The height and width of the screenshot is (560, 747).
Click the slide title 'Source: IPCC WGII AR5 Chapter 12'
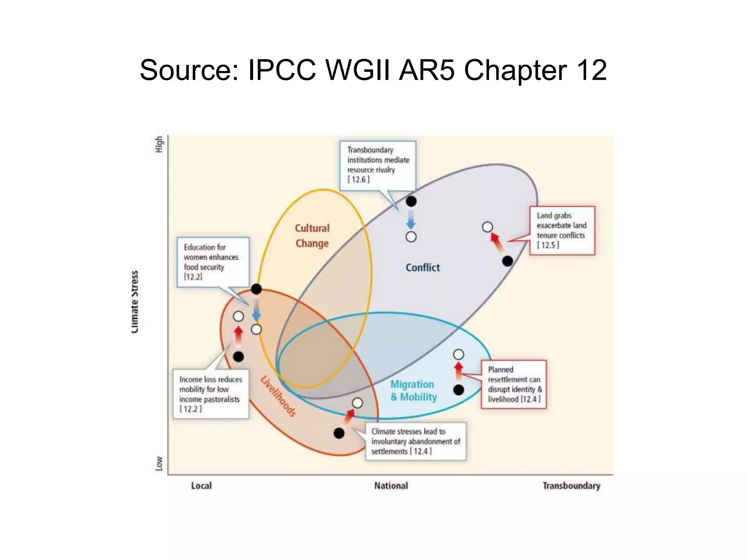tap(373, 70)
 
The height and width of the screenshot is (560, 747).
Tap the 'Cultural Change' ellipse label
tap(312, 236)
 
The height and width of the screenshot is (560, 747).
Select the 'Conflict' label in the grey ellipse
tap(423, 268)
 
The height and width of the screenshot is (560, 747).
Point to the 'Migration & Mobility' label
tap(413, 390)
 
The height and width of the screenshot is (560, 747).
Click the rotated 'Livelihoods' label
tap(278, 396)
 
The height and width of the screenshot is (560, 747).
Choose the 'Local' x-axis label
tap(201, 486)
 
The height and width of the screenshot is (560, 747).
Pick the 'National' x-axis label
tap(391, 486)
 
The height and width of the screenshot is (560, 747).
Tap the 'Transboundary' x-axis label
tap(571, 486)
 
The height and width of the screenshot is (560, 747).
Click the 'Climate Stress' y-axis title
tap(135, 302)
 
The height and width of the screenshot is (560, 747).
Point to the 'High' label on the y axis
tap(159, 144)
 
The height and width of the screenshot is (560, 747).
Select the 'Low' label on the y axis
tap(159, 463)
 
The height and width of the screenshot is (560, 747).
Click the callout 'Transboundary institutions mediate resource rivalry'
tap(378, 165)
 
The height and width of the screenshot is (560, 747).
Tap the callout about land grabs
tap(562, 230)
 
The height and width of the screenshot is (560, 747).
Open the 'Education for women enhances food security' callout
tap(213, 262)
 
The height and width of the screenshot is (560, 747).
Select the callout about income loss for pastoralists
tap(211, 394)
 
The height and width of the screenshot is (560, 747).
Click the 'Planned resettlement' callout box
tap(514, 384)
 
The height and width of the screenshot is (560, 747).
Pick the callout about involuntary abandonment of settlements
tap(416, 441)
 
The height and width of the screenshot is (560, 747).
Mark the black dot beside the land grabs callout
tap(507, 261)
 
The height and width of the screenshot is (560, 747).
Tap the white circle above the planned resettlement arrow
tap(458, 354)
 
